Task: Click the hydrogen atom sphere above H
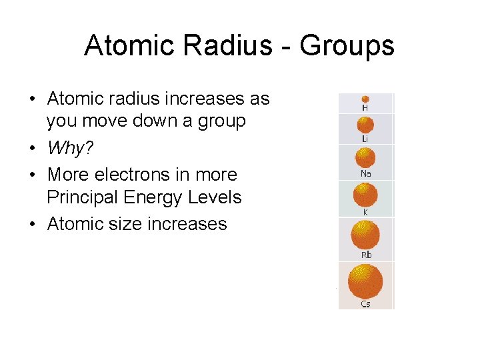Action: click(x=365, y=99)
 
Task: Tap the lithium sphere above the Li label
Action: click(x=365, y=125)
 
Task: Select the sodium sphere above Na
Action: click(x=365, y=158)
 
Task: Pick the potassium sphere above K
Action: click(x=365, y=195)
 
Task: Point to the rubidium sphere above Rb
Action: click(x=365, y=235)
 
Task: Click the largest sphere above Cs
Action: click(x=365, y=281)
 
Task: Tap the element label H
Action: click(x=365, y=108)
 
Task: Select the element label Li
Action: click(x=365, y=139)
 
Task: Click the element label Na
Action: click(x=365, y=174)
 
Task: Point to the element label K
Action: click(x=365, y=212)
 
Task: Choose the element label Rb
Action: click(x=366, y=255)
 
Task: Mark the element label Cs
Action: click(x=365, y=304)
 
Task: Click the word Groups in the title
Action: click(x=347, y=47)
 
